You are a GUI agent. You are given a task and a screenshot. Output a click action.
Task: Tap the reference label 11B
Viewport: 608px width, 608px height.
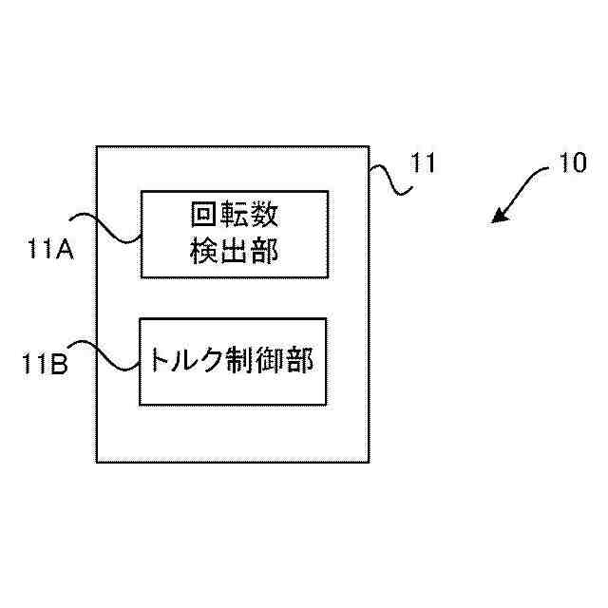click(46, 364)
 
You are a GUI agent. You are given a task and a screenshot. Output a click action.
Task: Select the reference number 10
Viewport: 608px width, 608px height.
click(573, 163)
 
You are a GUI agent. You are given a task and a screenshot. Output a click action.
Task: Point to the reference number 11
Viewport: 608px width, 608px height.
click(422, 162)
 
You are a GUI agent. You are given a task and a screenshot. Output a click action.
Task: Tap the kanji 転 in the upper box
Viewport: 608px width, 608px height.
click(234, 216)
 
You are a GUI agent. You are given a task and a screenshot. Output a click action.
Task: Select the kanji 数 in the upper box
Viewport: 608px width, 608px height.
click(264, 216)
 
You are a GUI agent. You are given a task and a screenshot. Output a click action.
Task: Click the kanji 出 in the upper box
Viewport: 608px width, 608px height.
click(234, 251)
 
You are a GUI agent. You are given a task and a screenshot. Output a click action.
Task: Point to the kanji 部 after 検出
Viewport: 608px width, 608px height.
click(264, 251)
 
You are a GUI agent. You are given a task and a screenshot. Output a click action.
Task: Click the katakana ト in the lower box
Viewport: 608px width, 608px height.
click(158, 360)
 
